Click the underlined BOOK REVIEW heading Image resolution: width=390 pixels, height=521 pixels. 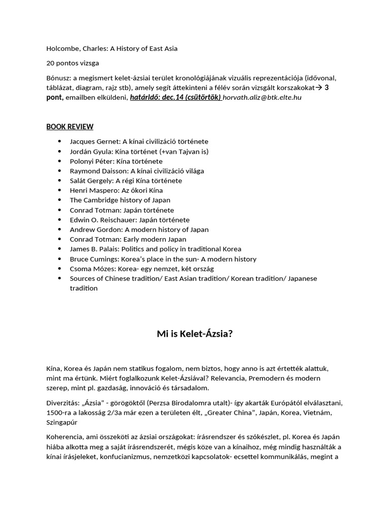tap(70, 127)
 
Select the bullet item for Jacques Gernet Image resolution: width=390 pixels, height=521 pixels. tap(139, 141)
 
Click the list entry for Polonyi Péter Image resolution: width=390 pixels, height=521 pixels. tap(116, 161)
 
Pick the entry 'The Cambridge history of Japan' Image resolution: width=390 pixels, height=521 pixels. tap(120, 200)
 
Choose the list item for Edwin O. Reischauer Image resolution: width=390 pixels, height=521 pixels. tap(129, 220)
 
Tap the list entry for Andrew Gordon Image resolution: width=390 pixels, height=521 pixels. tap(139, 229)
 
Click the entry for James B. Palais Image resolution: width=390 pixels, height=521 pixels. tap(155, 249)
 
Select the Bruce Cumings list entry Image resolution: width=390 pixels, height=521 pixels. tap(163, 259)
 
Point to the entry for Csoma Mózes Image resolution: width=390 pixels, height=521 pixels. tap(142, 269)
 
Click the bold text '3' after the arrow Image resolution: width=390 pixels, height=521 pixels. tap(327, 88)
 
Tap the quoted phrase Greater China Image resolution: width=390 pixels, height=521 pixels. tap(222, 413)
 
